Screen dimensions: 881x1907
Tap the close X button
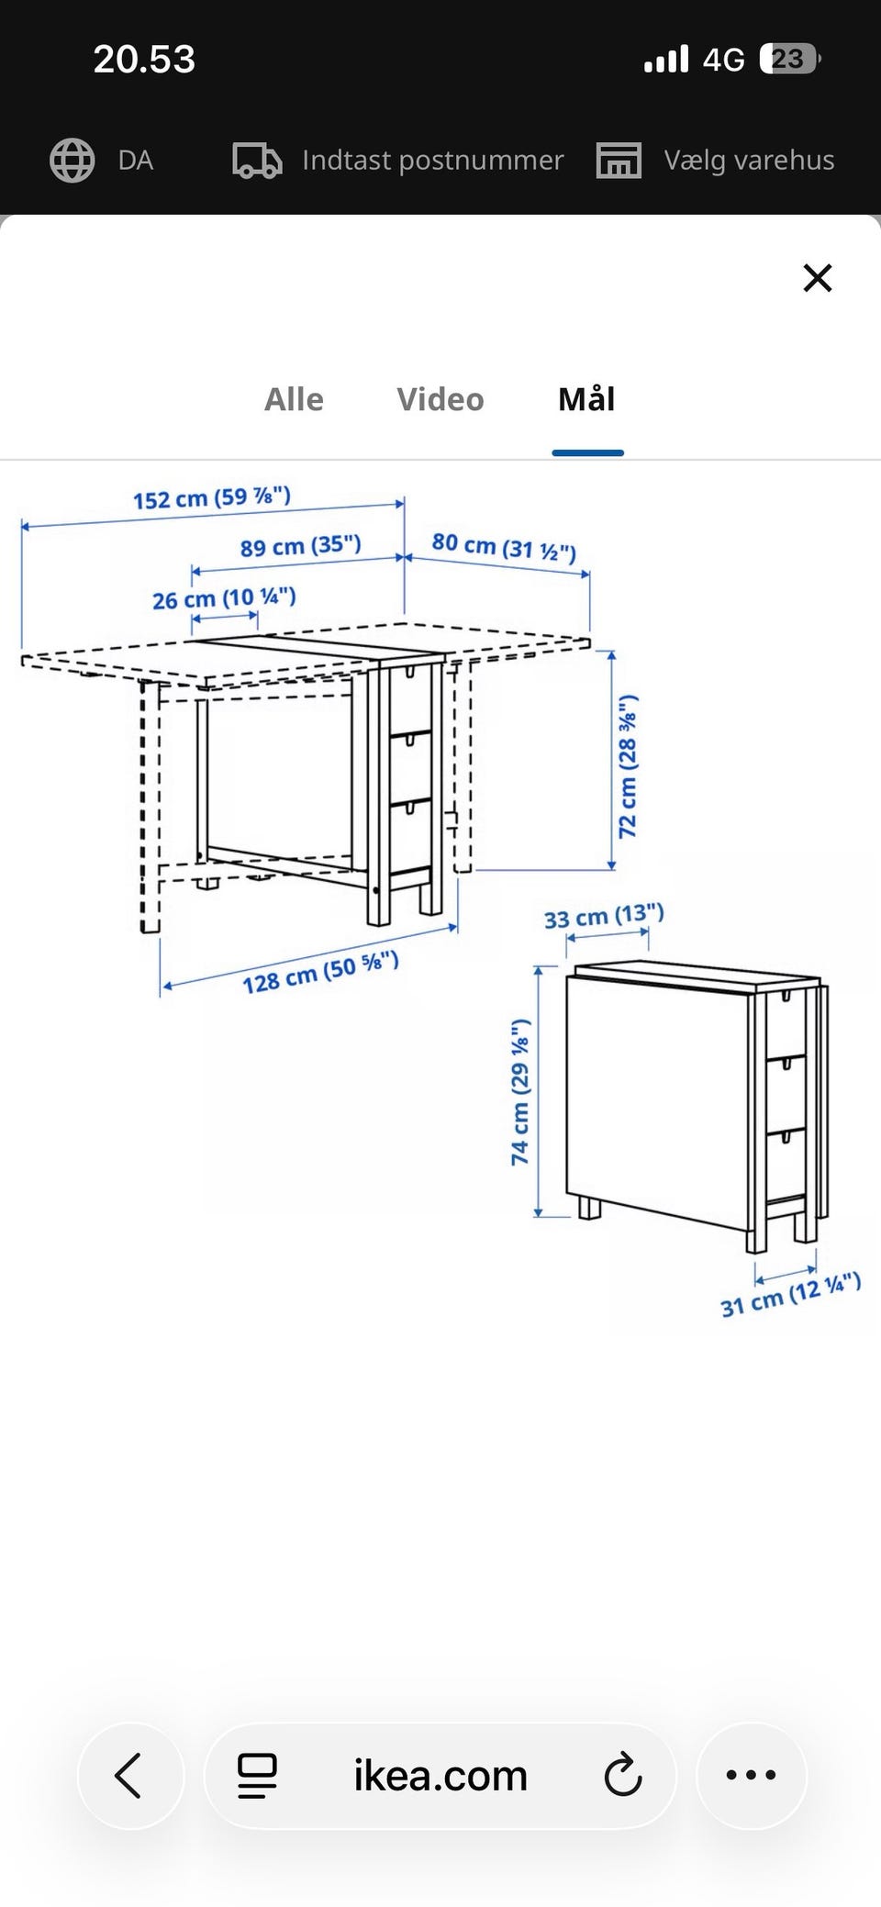817,277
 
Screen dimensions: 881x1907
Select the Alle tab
294,400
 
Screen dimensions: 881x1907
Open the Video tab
440,400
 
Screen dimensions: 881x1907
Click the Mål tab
587,399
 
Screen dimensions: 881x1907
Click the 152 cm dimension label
212,498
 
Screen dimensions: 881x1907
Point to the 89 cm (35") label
301,546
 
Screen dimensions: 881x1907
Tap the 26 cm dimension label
224,598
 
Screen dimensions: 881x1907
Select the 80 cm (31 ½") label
504,547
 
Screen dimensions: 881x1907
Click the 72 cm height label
628,766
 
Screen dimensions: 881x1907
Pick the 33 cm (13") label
604,916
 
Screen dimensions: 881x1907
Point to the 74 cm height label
520,1092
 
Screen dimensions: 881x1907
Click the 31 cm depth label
790,1295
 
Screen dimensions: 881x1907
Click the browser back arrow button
130,1776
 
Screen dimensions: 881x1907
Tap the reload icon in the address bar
623,1775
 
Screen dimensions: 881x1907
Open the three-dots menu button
751,1776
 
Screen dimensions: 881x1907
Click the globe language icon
72,161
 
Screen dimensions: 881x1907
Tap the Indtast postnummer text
433,161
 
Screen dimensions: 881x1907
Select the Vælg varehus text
750,161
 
